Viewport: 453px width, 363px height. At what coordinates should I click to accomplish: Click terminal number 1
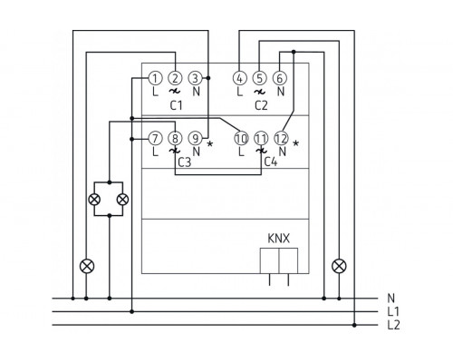point(156,79)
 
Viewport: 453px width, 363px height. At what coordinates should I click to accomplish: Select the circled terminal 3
point(194,79)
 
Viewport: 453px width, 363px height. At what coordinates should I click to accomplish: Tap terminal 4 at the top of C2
point(239,79)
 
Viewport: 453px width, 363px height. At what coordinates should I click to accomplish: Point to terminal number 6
point(279,79)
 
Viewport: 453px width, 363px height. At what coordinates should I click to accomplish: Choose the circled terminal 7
point(156,139)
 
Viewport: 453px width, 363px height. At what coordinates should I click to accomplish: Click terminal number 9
point(194,139)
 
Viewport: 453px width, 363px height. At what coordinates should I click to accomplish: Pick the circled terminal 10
point(240,139)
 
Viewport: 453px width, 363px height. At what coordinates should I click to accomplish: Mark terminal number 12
point(280,139)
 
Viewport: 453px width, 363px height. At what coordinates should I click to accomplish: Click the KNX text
point(278,242)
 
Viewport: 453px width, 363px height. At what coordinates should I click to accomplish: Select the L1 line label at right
point(392,310)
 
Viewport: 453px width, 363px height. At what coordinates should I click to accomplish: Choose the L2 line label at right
point(392,323)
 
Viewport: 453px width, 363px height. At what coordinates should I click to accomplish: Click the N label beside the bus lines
point(390,298)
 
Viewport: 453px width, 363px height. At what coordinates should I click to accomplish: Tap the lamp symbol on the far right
point(339,266)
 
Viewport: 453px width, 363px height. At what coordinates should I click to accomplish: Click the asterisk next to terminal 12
point(296,143)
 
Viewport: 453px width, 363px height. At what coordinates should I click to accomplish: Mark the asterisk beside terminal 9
point(209,143)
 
